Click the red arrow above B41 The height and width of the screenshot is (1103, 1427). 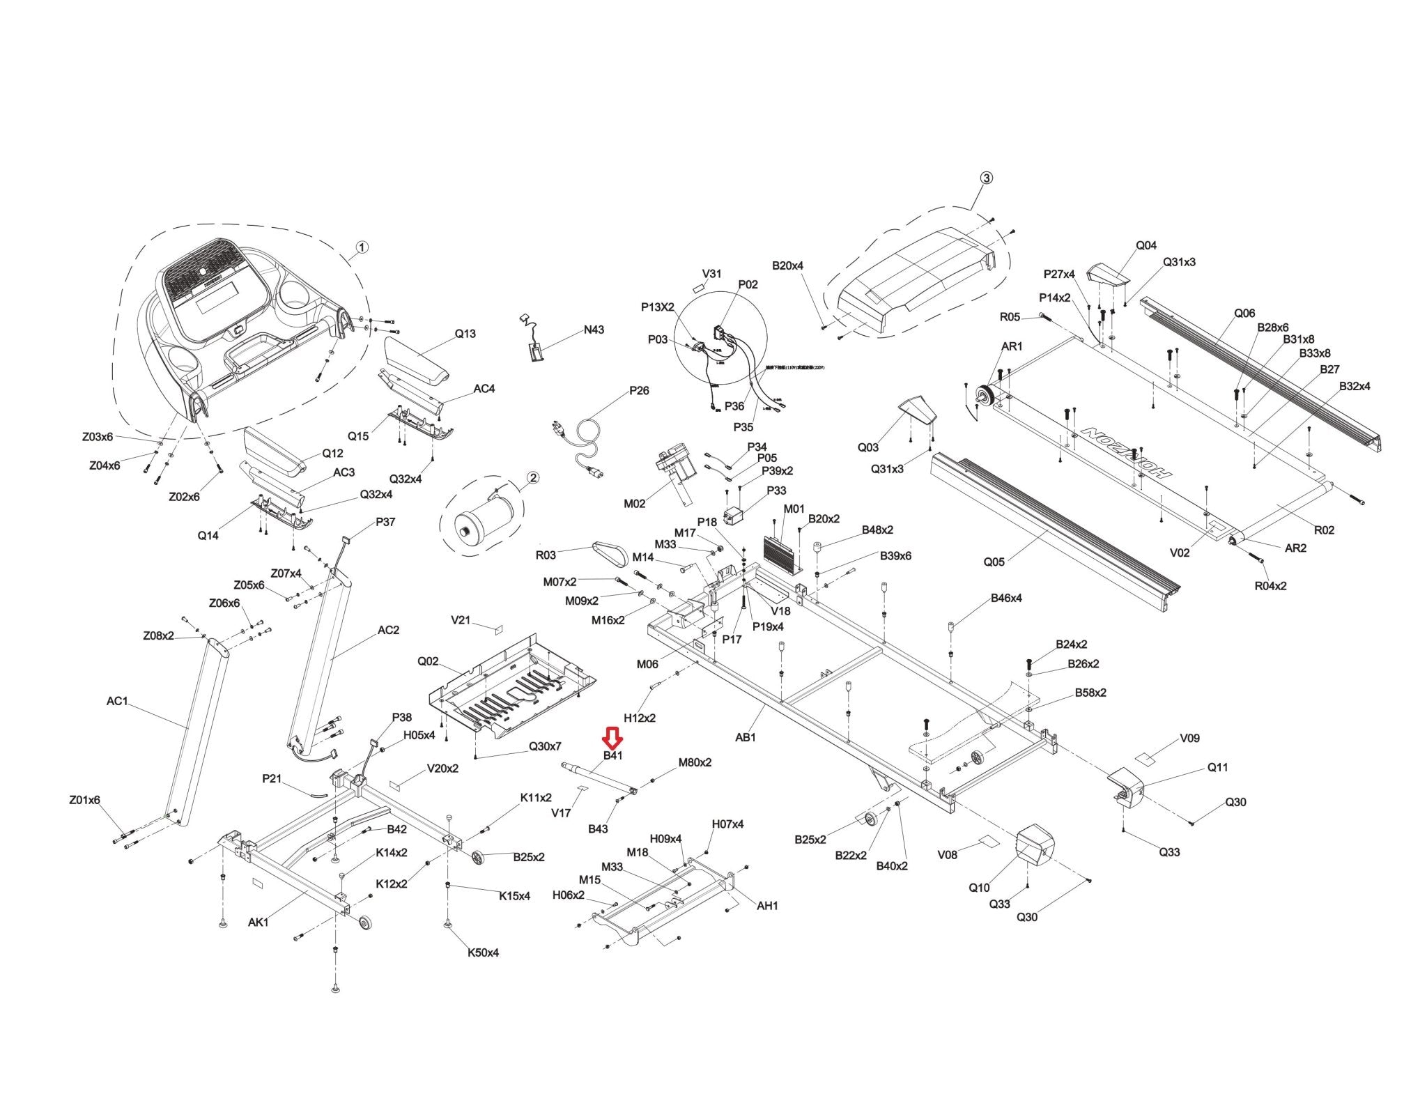tap(613, 737)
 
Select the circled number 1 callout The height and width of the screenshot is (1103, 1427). tap(362, 247)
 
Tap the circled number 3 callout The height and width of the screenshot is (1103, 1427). tap(986, 178)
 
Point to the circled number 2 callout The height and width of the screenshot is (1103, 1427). tap(533, 477)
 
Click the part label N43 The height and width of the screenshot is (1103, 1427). tap(594, 330)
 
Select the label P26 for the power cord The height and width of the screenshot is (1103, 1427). tap(639, 390)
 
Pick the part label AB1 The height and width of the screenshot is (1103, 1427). tap(745, 737)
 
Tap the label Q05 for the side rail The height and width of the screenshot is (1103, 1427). tap(994, 562)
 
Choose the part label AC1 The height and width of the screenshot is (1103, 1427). tap(117, 701)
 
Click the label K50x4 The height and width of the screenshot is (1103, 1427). tap(483, 952)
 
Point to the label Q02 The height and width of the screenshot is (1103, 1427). tap(428, 661)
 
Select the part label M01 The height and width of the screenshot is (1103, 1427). tap(794, 509)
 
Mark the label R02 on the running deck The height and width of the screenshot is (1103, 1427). tap(1324, 530)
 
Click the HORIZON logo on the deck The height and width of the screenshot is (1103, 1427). tap(1125, 452)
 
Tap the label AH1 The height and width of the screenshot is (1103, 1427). tap(767, 906)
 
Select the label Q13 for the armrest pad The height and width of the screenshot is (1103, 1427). tap(465, 334)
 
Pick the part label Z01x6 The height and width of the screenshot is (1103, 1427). tap(84, 800)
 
